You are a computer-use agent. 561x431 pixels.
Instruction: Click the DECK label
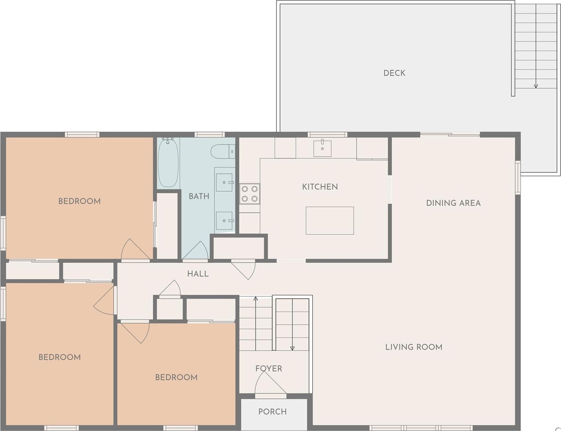coord(394,73)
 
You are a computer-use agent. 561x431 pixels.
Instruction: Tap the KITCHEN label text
coord(320,187)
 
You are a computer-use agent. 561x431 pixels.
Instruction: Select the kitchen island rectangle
coord(330,221)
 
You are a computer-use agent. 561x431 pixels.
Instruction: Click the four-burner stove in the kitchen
coord(250,194)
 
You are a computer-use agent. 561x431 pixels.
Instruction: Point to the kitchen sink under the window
coord(322,148)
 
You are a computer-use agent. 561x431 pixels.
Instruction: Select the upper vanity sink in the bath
coord(224,182)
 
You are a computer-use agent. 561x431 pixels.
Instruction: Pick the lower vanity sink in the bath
coord(224,220)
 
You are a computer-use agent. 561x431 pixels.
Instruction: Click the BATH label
coord(199,196)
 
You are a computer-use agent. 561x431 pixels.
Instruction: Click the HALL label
coord(198,274)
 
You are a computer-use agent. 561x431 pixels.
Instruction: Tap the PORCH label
coord(272,411)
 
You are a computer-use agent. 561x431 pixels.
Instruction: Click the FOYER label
coord(268,368)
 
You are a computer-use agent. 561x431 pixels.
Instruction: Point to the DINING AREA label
coord(453,203)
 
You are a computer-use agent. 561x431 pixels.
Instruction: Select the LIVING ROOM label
coord(414,347)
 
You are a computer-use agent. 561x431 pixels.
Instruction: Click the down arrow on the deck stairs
coord(536,85)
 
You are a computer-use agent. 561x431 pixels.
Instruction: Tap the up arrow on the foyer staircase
coord(256,299)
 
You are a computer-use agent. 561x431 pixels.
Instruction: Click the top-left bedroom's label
coord(79,201)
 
